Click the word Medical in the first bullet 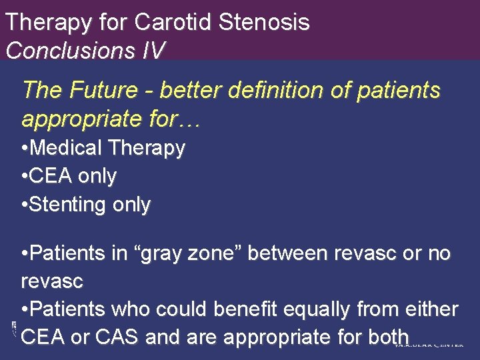tap(67, 147)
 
